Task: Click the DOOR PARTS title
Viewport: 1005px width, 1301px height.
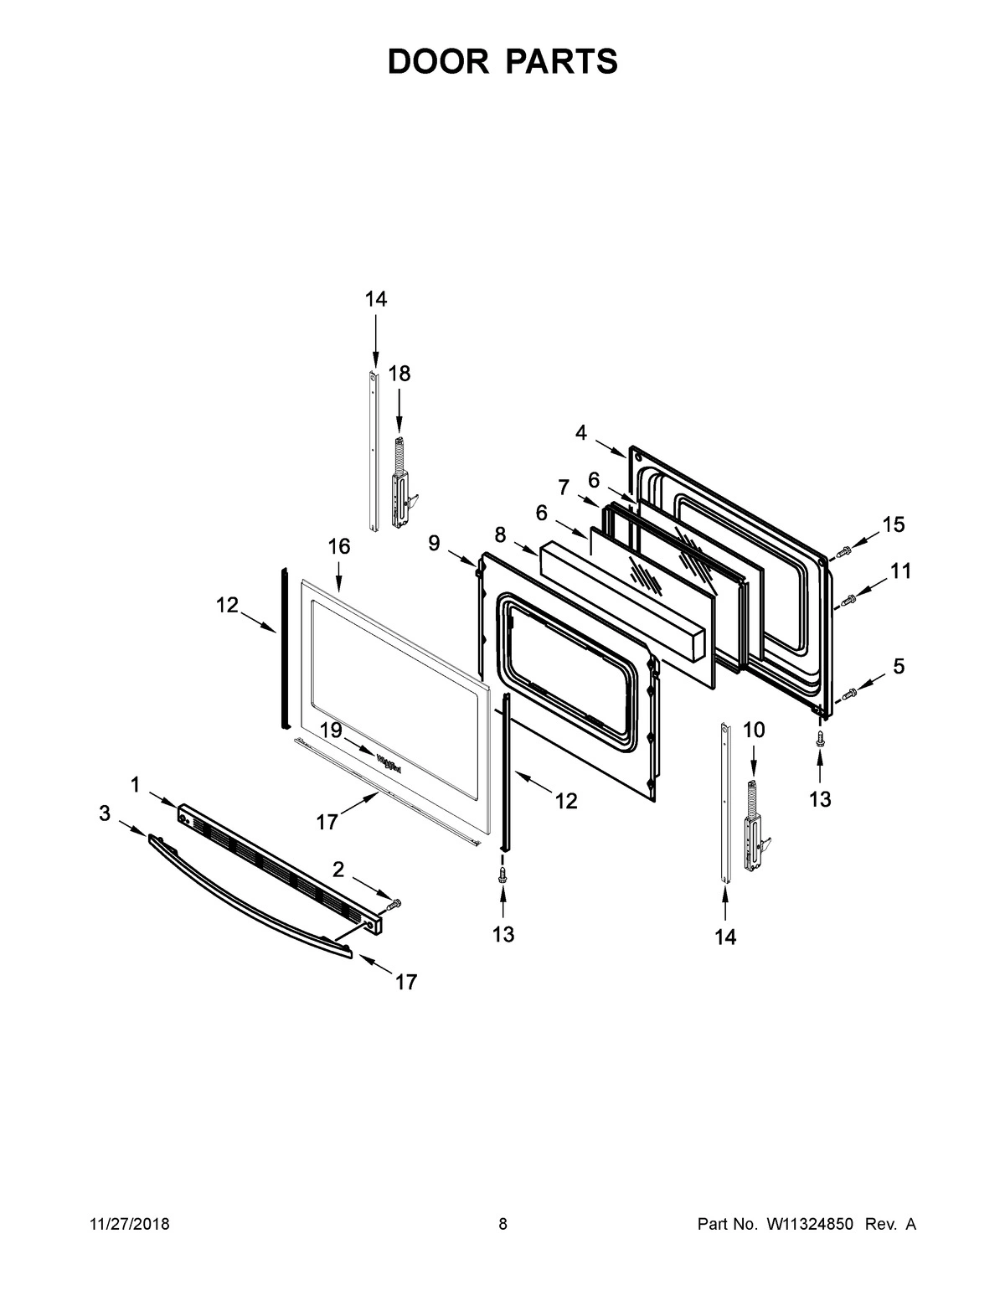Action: [502, 62]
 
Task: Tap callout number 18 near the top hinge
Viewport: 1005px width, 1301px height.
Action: [399, 374]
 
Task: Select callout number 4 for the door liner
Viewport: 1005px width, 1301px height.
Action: [580, 432]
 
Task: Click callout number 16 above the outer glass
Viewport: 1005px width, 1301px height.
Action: [338, 547]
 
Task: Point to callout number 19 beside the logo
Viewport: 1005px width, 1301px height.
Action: [332, 730]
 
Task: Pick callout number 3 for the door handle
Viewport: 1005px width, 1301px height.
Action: [104, 813]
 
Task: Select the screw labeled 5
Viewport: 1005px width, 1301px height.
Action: [849, 692]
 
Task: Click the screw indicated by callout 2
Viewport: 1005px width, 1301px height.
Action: [395, 903]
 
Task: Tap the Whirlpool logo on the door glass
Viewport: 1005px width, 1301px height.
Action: [389, 763]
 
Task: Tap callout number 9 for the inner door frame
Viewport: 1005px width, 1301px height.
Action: [434, 544]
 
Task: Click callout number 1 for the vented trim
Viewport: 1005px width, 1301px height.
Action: [135, 785]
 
